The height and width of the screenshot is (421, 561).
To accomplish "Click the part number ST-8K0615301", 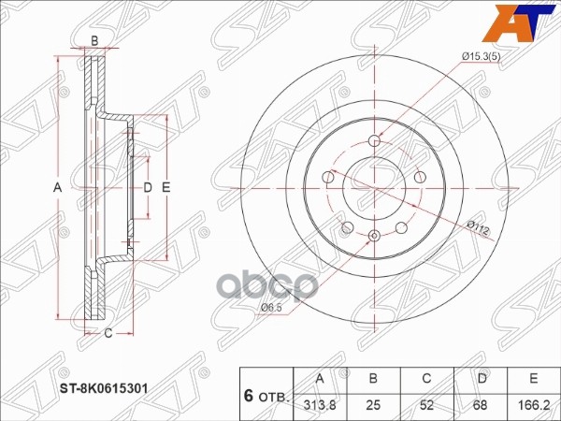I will (x=106, y=385).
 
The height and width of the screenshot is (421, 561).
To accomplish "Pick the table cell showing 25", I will (x=374, y=405).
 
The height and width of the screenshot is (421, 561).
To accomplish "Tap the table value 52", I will (x=426, y=405).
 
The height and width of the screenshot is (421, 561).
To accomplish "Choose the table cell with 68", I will (x=479, y=405).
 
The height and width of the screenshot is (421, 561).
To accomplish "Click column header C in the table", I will (x=426, y=379).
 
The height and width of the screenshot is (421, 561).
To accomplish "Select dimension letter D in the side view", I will (x=147, y=188).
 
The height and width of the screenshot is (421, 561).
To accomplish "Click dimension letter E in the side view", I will (x=165, y=188).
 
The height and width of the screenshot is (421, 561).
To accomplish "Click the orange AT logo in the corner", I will (x=536, y=20).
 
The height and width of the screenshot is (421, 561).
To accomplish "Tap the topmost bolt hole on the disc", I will (x=375, y=140).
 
